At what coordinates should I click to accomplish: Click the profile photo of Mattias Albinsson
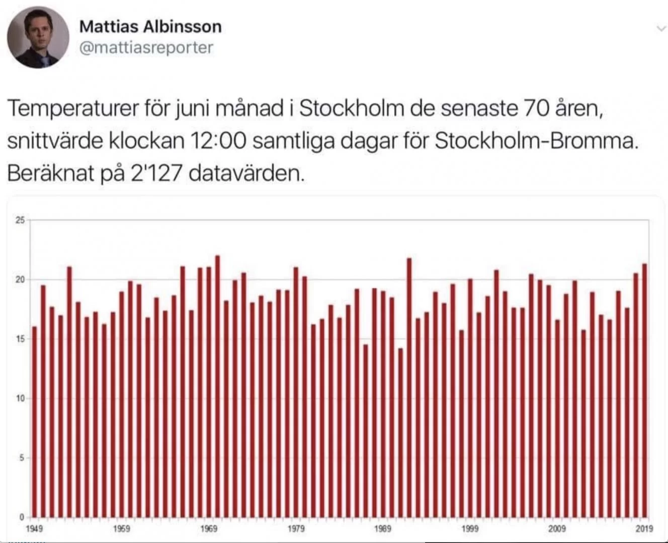[38, 37]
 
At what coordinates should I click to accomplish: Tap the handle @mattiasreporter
[146, 48]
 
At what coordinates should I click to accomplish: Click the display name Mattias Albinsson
[150, 26]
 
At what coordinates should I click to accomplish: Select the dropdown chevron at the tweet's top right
[661, 29]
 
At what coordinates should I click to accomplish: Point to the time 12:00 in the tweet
[218, 141]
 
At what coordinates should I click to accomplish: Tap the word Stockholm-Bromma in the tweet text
[536, 141]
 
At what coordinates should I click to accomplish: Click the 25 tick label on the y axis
[20, 220]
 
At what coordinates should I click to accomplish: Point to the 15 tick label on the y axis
[20, 339]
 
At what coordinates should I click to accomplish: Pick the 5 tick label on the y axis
[22, 458]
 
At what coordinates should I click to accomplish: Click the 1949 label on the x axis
[34, 528]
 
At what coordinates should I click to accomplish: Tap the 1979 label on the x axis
[296, 528]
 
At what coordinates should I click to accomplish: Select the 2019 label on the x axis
[644, 528]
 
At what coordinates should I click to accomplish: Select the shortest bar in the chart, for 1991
[400, 432]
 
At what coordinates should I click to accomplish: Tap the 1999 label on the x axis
[470, 528]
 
